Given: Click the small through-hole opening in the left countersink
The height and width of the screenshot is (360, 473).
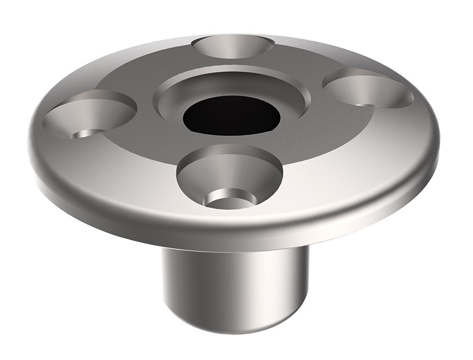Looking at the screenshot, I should (86, 133).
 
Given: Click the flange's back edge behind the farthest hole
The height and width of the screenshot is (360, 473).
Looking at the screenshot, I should (234, 34).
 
